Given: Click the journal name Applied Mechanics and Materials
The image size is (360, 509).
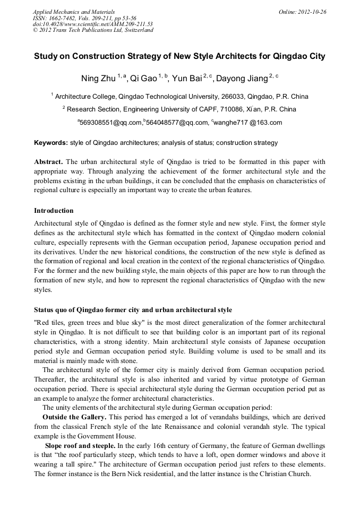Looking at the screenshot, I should coord(73,12).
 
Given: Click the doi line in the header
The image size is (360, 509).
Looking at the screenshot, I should coord(92,24).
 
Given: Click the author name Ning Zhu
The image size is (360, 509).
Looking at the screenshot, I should coord(99,79).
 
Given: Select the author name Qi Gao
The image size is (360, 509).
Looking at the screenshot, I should coord(143,79).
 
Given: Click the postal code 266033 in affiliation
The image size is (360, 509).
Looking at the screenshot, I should coord(230,97).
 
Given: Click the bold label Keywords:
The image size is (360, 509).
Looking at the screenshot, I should coord(51,143).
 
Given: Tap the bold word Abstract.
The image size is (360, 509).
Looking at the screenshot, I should coord(49,161).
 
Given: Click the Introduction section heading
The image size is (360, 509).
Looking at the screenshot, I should coord(54,211).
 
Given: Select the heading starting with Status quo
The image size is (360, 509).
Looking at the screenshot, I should coord(133,309).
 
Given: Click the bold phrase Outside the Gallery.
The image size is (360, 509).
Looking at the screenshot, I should coord(74,417).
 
